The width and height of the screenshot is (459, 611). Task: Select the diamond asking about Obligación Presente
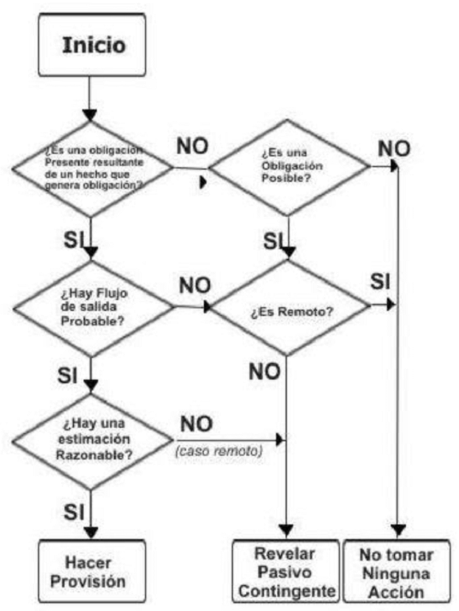(x=90, y=168)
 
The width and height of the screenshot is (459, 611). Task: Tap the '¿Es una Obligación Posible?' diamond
(x=288, y=168)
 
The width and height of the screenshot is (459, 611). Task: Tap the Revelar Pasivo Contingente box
(x=284, y=572)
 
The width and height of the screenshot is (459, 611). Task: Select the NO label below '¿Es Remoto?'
(x=264, y=371)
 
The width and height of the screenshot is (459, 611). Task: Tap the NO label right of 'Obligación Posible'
(x=393, y=148)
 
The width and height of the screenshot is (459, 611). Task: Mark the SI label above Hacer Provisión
(x=71, y=509)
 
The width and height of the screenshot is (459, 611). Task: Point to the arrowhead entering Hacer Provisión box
(x=90, y=535)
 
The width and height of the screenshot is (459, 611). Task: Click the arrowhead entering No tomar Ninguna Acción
(x=398, y=531)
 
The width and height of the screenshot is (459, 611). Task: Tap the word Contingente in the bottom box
(x=284, y=591)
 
